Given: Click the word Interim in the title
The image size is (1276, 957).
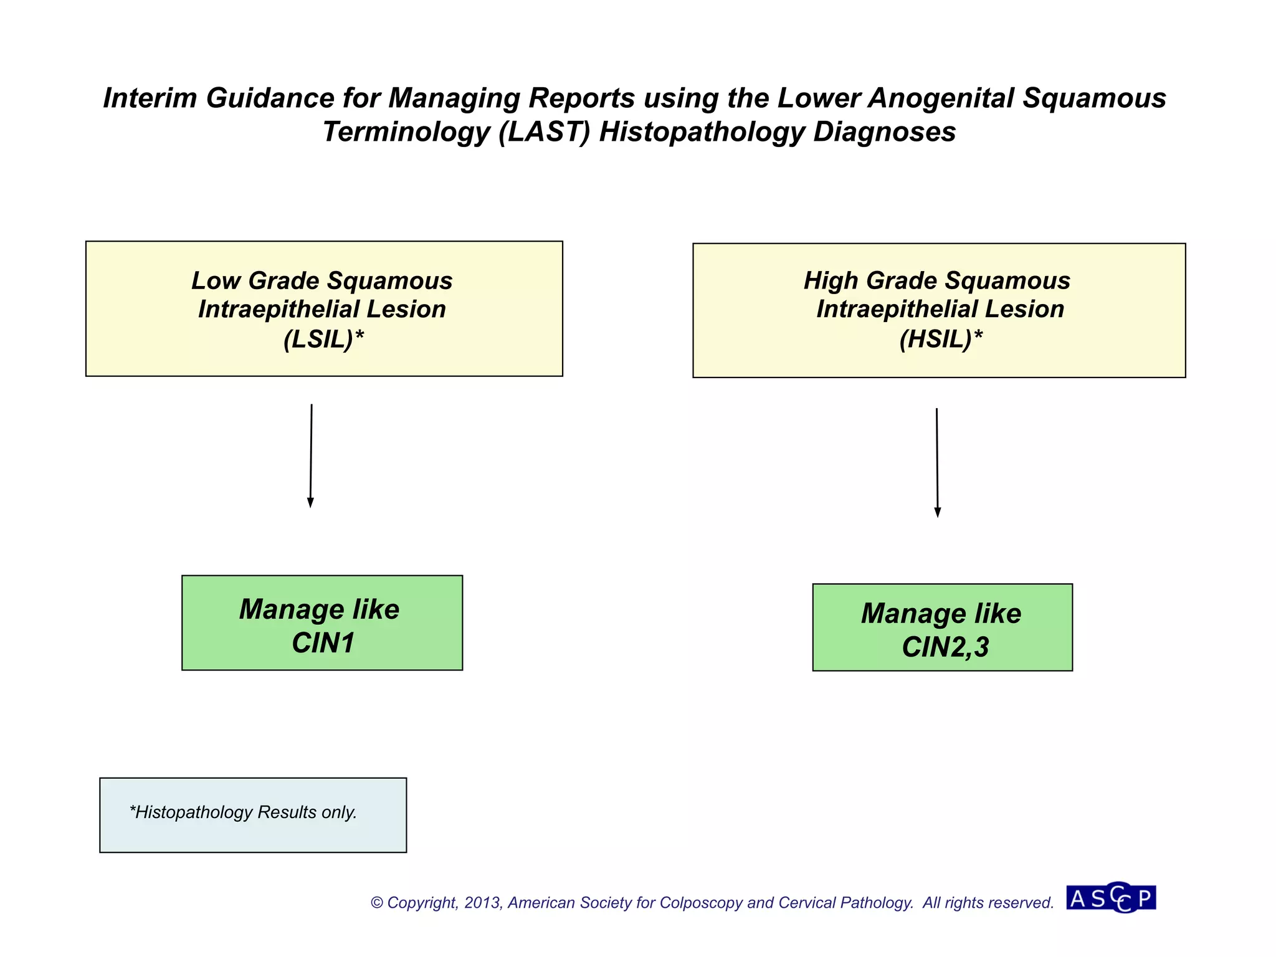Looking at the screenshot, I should pos(150,98).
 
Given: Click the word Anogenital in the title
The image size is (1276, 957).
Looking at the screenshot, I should pos(941,98).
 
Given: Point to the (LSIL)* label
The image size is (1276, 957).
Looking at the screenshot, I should pos(323,339).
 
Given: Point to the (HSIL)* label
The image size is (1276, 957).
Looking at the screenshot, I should pos(941,339).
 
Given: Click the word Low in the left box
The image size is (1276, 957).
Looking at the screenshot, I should pos(216,280).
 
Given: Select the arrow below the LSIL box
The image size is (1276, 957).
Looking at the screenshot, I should pos(311,455).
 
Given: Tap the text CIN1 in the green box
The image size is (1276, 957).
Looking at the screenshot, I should pos(323,643).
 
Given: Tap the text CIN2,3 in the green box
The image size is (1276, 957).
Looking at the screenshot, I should pos(945,647).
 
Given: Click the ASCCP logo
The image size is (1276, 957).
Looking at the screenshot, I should pos(1111,898).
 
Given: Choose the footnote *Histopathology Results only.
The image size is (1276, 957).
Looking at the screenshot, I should pos(243,812).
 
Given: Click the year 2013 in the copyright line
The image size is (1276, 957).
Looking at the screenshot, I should pos(482,903).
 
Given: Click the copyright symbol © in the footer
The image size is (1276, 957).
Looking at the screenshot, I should pos(377,903).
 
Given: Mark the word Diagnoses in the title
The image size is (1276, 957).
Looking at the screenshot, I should pos(884,132).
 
